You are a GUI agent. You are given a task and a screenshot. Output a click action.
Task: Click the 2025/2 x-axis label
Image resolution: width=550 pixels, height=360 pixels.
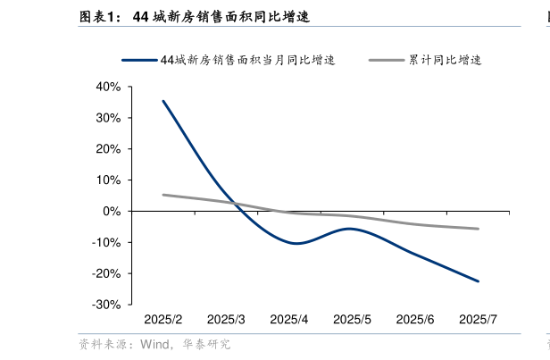coord(163,320)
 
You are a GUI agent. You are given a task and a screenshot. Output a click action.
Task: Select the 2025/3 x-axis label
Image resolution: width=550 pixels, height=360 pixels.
coord(226,320)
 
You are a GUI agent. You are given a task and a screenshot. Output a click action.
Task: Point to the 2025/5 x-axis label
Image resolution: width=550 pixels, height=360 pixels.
coord(352,320)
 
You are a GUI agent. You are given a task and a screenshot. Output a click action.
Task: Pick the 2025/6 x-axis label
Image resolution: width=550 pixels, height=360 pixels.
coord(414,320)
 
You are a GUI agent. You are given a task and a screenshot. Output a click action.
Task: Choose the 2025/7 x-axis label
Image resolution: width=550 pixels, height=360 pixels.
coord(477,320)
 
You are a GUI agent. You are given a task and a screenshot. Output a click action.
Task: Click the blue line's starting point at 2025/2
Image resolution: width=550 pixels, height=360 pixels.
coord(162,101)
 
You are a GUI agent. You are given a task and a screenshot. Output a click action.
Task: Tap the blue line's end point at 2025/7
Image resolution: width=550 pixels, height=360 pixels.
coord(478,281)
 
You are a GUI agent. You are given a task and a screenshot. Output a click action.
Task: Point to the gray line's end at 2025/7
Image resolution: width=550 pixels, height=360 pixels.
coord(478,229)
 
